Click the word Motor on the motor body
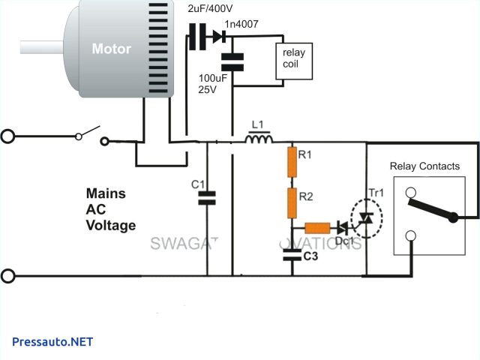(111, 49)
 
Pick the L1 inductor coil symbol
(259, 139)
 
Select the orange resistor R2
(293, 200)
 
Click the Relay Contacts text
(424, 166)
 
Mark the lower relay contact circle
(410, 238)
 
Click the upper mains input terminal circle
(8, 136)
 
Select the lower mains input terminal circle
(8, 276)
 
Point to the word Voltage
(110, 225)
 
